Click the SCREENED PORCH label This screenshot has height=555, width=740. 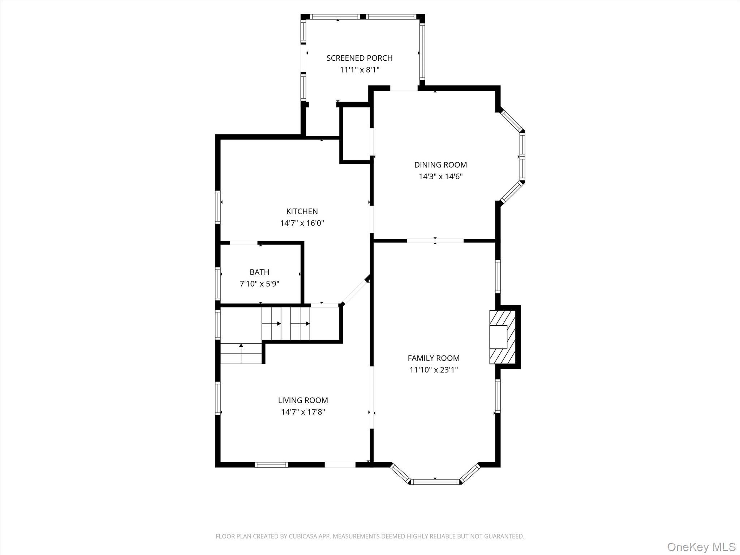359,58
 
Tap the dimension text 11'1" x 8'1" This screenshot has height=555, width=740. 359,70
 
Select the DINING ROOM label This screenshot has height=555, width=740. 440,165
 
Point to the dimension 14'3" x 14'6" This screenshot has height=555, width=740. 440,177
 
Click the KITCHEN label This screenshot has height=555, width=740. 302,211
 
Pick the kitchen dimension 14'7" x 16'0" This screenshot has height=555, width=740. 302,223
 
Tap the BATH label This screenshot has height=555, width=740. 259,272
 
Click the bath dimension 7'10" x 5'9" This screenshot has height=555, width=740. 259,284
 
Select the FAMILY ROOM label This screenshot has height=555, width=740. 433,358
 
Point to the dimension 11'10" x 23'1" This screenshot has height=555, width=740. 433,370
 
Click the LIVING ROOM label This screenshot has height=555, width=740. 303,400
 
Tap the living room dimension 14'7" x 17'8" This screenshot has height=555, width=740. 303,412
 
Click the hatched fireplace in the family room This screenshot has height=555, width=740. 502,337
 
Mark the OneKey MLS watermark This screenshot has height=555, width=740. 701,547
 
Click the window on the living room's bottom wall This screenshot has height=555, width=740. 271,465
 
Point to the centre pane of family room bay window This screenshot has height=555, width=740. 436,482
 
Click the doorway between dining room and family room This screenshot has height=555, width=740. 435,241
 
